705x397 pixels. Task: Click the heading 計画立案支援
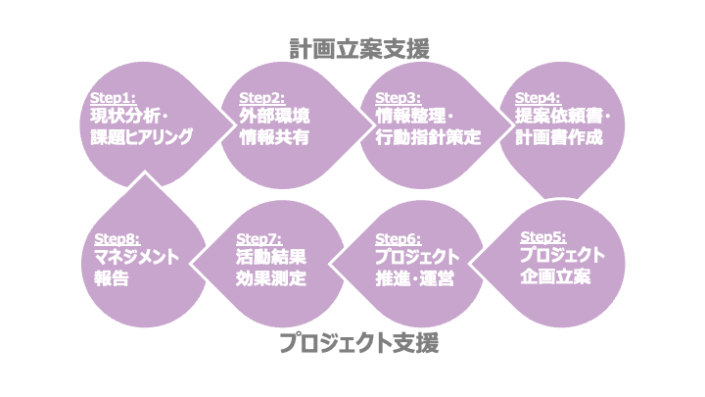click(x=359, y=48)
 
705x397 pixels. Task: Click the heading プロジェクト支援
click(x=357, y=343)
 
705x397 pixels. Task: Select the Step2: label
click(x=261, y=99)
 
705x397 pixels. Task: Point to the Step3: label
click(x=397, y=99)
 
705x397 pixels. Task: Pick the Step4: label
click(x=538, y=99)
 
